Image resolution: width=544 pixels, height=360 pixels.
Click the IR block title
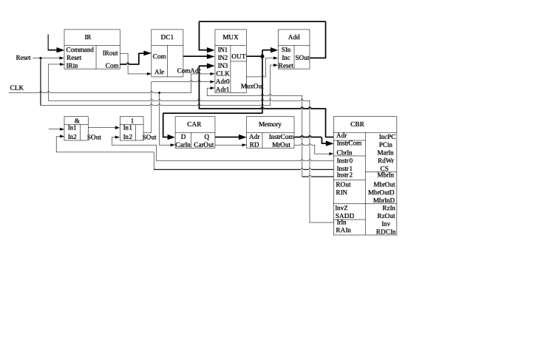pos(88,35)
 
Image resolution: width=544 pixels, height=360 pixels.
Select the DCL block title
pos(166,35)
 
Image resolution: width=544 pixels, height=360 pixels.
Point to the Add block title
pos(293,35)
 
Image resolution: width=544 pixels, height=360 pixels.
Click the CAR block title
pos(194,124)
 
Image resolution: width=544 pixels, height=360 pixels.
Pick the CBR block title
pos(357,124)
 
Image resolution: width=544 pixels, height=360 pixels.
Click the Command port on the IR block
pos(80,50)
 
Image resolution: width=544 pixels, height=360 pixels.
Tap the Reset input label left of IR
pos(24,58)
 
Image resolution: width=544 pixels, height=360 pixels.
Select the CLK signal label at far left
pos(17,87)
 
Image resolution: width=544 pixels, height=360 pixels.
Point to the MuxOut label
pos(253,86)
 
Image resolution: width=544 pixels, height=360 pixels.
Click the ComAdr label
pos(188,71)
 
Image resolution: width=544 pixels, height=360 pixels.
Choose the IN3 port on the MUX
pos(222,66)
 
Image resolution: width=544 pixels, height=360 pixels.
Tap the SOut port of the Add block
pos(302,57)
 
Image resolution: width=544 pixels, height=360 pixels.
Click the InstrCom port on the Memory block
pos(282,137)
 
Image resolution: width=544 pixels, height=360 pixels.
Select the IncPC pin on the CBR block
pos(387,137)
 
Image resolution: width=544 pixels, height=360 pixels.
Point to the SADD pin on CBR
pos(345,216)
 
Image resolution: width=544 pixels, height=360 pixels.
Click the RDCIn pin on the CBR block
pos(386,231)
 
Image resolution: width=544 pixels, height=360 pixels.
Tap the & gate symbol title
pos(77,120)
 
